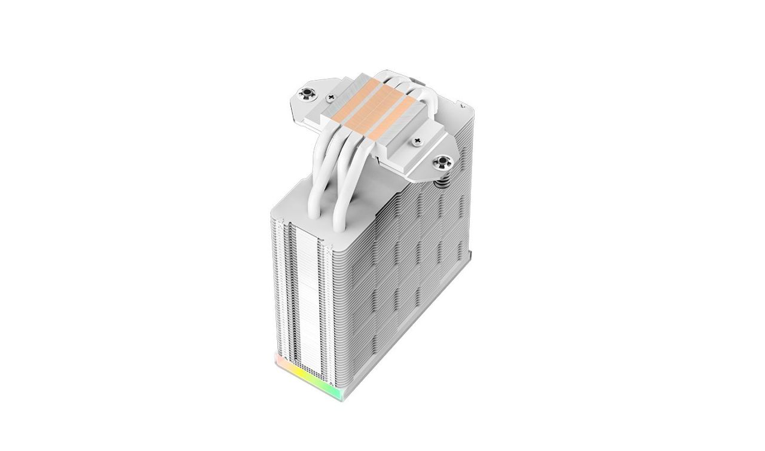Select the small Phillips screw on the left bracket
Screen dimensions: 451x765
coord(330,96)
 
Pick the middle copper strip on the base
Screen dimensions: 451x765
coord(373,108)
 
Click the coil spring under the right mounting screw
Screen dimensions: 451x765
coord(443,179)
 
